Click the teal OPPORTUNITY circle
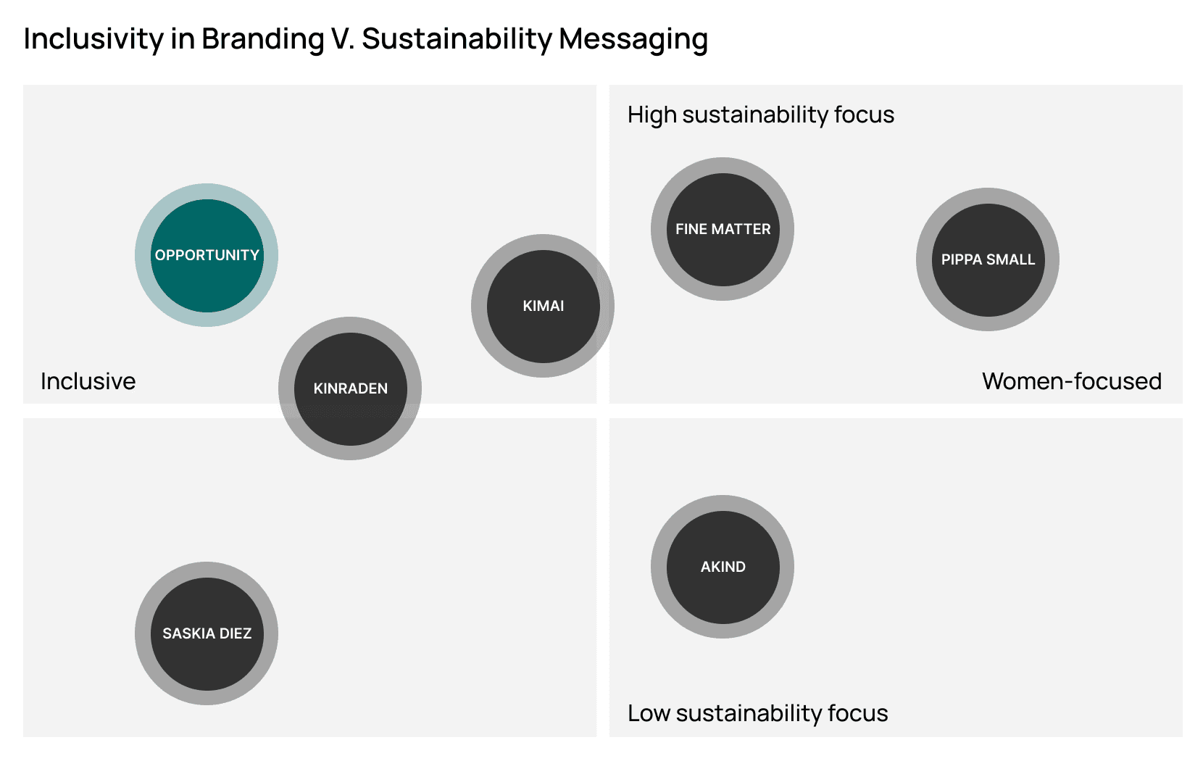207,255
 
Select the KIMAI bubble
543,306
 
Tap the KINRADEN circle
350,388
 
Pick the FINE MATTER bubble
723,229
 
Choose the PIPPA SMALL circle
988,259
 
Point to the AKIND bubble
723,567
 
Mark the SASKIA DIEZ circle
207,633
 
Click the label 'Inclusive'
88,381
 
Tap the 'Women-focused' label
1071,381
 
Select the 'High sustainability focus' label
760,115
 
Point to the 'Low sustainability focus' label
757,713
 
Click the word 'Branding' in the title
262,39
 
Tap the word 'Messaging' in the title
633,39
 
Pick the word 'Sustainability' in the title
457,39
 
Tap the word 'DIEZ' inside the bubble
235,633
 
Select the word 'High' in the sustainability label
652,115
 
